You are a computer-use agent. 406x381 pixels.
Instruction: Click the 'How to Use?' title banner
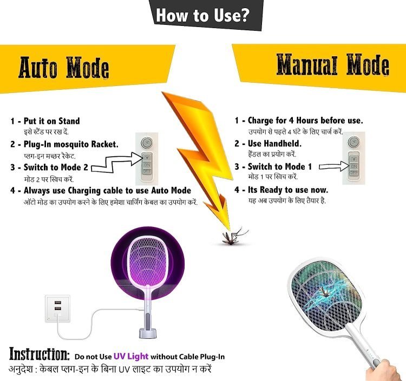click(202, 15)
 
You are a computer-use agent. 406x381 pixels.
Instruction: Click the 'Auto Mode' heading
click(64, 68)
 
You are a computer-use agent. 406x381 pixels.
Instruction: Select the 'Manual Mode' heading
click(332, 65)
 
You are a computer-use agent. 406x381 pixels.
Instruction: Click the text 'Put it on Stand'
click(51, 121)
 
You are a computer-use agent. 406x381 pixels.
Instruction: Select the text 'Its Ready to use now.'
click(288, 190)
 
